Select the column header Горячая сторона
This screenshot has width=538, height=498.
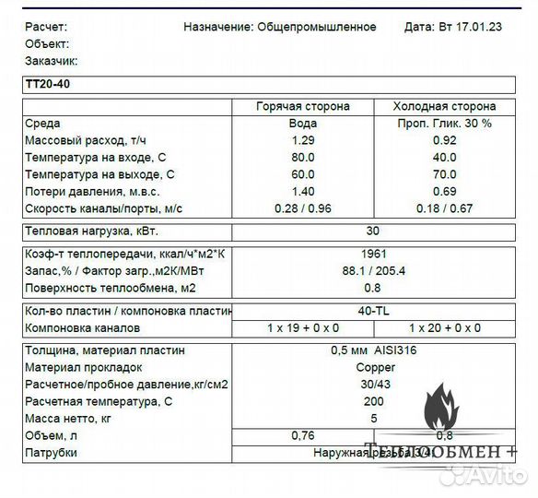[x=302, y=106]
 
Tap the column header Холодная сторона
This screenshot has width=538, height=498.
[x=445, y=106]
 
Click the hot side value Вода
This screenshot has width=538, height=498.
[x=303, y=123]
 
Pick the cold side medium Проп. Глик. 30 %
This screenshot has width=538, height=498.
[x=445, y=123]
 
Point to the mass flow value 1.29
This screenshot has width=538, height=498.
[x=303, y=140]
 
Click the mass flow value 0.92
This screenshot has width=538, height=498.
[x=445, y=140]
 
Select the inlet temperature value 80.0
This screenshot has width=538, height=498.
[x=303, y=157]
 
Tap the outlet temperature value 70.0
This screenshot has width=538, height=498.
[x=445, y=174]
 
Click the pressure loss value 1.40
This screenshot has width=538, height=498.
[x=303, y=191]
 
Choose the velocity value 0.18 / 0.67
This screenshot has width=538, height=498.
[x=445, y=208]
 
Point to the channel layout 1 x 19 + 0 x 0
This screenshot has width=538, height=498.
[x=303, y=328]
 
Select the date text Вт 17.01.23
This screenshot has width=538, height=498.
[x=468, y=27]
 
